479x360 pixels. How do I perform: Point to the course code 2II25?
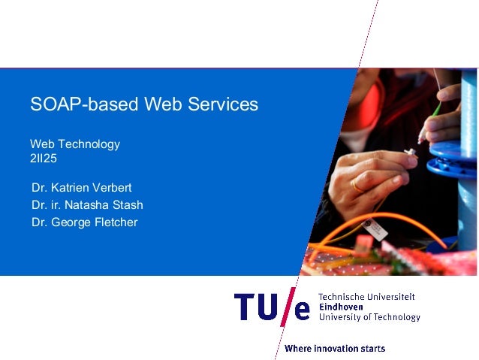pyautogui.click(x=44, y=158)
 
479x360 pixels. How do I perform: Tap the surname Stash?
pyautogui.click(x=127, y=204)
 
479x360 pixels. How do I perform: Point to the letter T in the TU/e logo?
pyautogui.click(x=243, y=308)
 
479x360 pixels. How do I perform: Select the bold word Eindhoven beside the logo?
pyautogui.click(x=342, y=307)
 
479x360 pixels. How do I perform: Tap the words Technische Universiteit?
pyautogui.click(x=367, y=297)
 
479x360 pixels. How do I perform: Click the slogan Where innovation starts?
pyautogui.click(x=335, y=349)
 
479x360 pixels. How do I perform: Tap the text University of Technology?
pyautogui.click(x=369, y=317)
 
